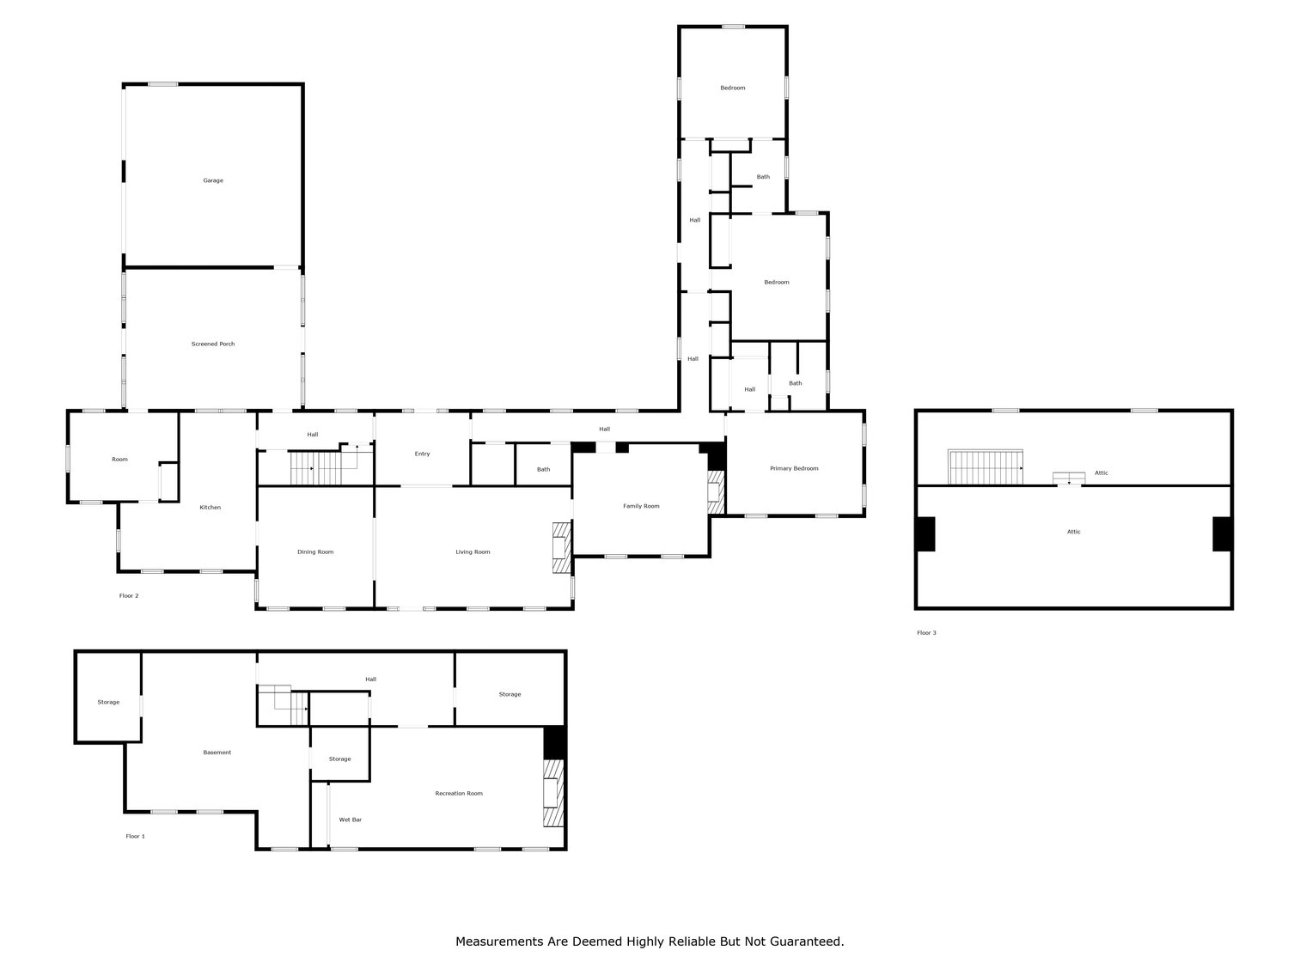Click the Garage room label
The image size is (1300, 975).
213,180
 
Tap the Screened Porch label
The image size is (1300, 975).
213,344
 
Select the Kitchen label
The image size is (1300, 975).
211,508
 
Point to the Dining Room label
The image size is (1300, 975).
315,551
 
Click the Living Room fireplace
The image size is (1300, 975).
561,547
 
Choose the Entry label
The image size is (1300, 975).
422,454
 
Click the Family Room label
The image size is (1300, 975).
641,506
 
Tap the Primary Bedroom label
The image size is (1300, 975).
794,468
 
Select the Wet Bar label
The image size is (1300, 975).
351,820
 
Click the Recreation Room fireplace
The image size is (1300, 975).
553,793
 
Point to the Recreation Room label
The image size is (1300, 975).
459,793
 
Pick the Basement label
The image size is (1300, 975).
217,753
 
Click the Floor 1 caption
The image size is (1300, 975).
136,836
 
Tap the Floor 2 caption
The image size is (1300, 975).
129,595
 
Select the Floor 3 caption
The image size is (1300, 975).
926,633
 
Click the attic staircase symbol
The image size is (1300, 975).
986,467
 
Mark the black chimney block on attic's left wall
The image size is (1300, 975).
925,533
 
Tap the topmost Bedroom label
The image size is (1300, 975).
733,88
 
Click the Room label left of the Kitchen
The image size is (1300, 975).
119,459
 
